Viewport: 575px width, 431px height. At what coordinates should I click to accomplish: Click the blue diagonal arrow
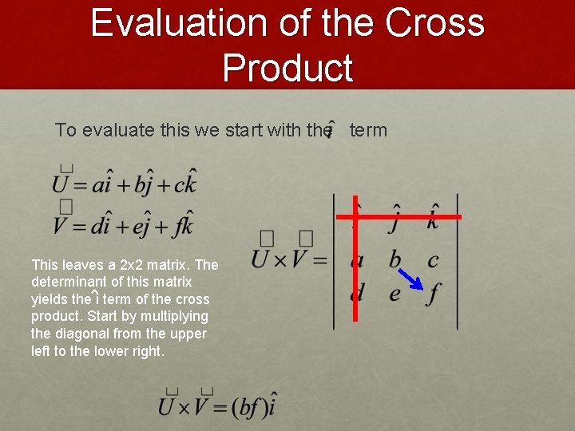[x=411, y=277]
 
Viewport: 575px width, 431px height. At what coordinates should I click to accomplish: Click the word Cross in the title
[x=434, y=23]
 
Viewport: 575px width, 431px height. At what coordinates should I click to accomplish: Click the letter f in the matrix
[x=433, y=294]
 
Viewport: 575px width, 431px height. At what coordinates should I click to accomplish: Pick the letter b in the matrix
[x=395, y=259]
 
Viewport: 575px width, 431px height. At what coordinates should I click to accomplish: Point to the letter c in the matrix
[x=433, y=259]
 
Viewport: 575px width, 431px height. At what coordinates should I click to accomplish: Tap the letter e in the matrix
[x=395, y=294]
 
